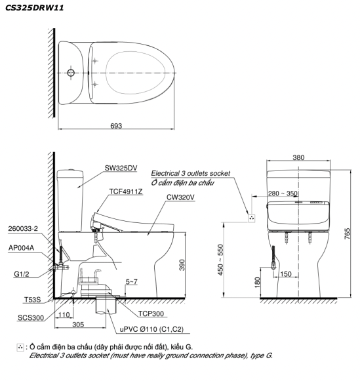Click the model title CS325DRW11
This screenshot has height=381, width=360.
point(34,8)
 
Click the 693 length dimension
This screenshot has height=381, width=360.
point(116,126)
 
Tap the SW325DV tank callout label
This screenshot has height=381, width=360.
point(121,168)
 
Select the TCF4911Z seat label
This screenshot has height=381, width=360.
point(126,191)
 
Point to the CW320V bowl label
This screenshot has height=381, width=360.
point(180,197)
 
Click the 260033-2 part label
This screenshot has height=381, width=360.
point(23,229)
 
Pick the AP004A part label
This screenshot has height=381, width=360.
point(22,248)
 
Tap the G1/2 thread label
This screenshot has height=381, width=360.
point(22,274)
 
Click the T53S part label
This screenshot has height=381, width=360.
point(32,300)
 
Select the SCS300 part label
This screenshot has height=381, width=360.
point(31,317)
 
